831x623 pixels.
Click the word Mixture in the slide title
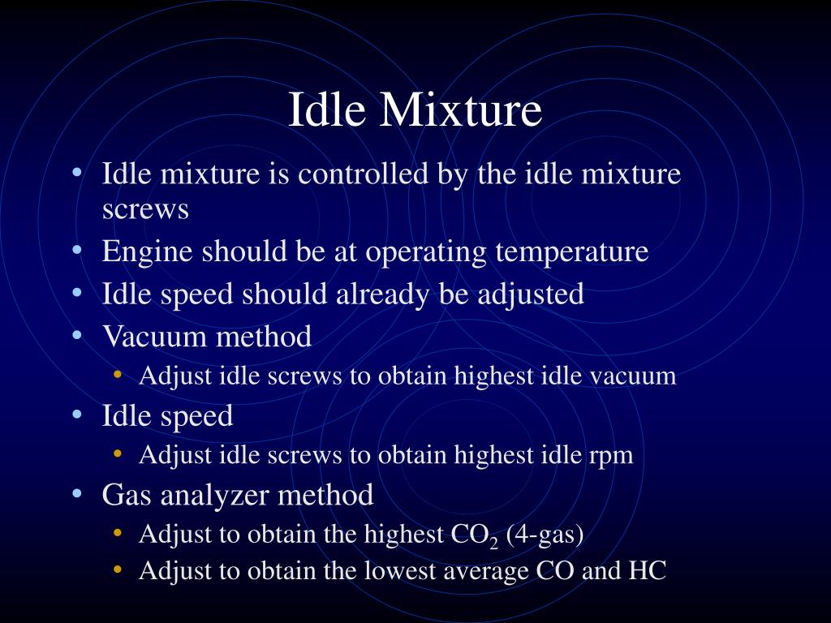(460, 110)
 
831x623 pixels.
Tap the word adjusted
(531, 294)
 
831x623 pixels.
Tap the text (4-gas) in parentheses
(545, 535)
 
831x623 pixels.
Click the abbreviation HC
(647, 571)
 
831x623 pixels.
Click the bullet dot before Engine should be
(76, 251)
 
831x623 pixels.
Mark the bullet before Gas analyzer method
(76, 492)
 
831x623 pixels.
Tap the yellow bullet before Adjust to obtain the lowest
(118, 570)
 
